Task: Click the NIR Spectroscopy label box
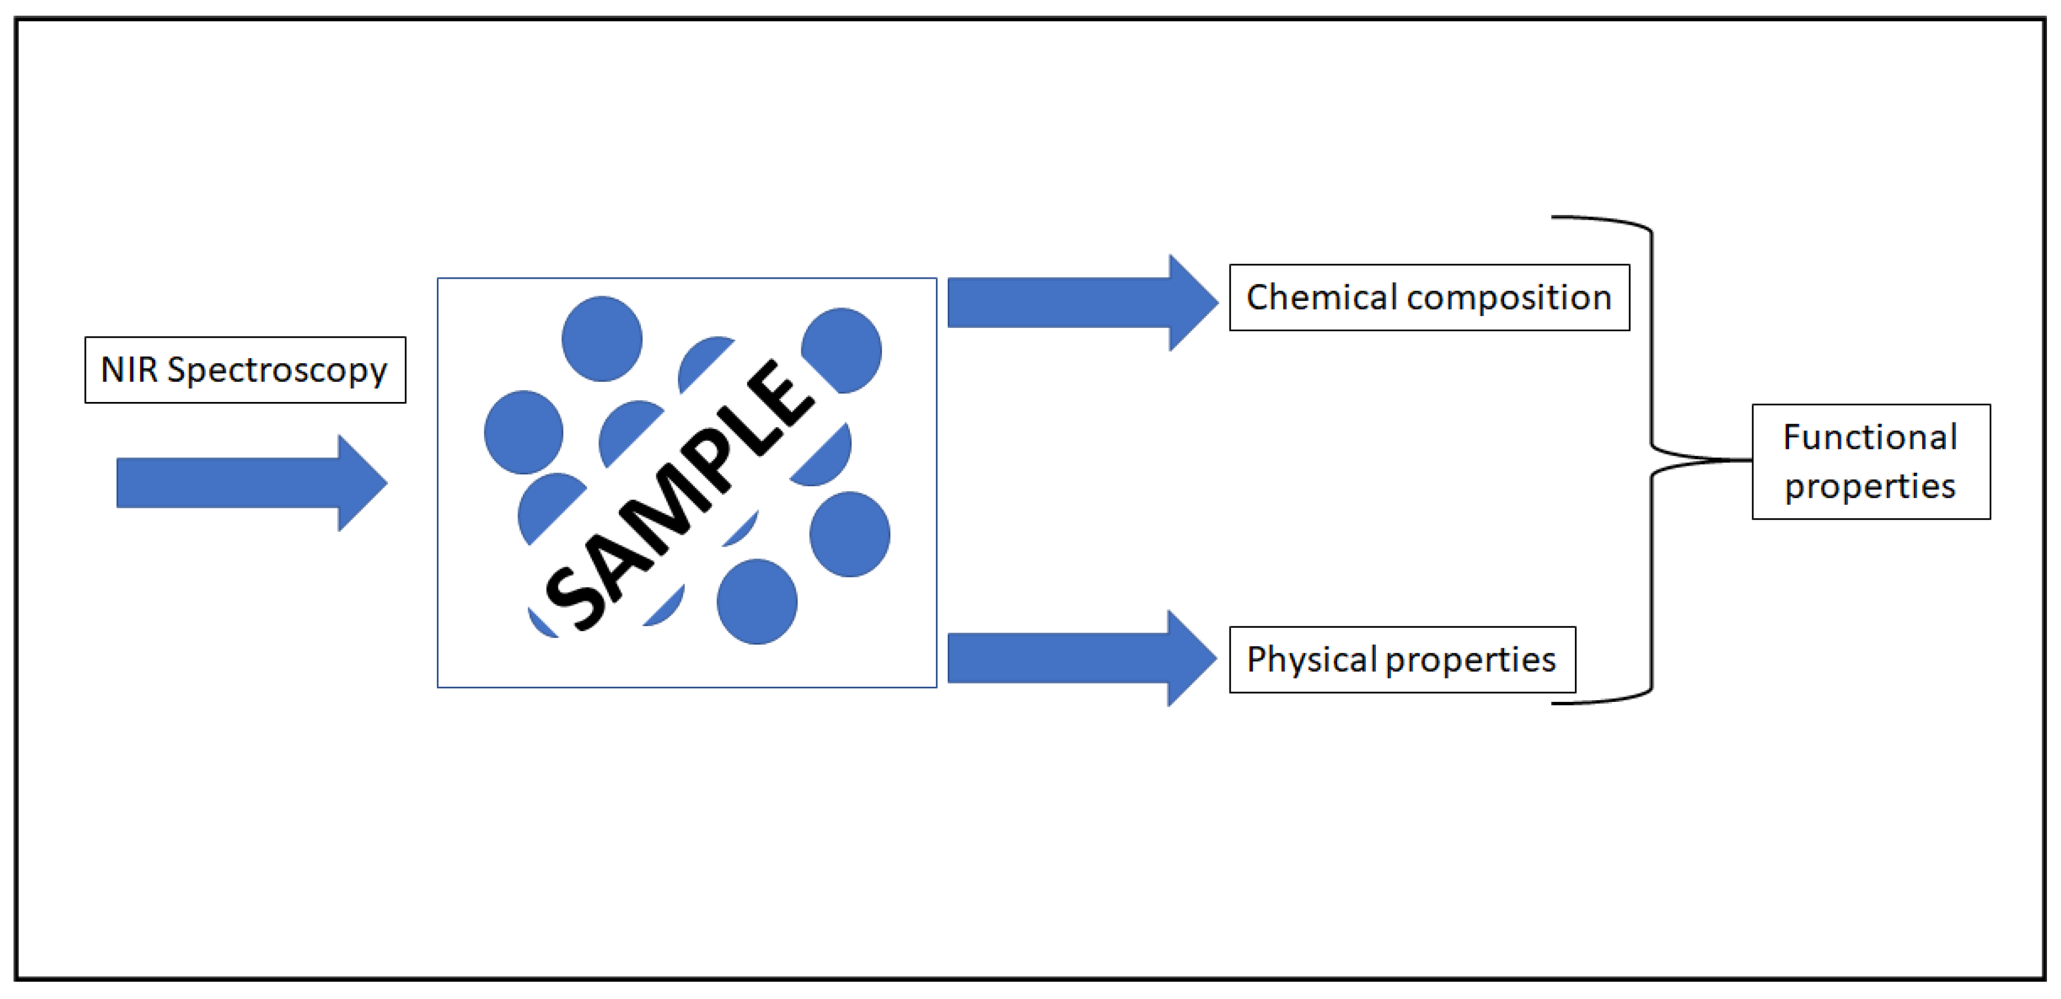point(245,370)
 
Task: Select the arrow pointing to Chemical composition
point(1080,303)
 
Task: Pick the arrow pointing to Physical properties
point(1080,658)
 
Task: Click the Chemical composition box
point(1429,298)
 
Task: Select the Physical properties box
point(1402,660)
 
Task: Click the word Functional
point(1871,438)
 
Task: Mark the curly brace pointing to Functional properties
point(1653,460)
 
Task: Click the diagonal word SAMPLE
point(680,496)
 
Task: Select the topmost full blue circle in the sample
point(602,338)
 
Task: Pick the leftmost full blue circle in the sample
point(523,432)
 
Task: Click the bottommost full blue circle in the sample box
point(757,601)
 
